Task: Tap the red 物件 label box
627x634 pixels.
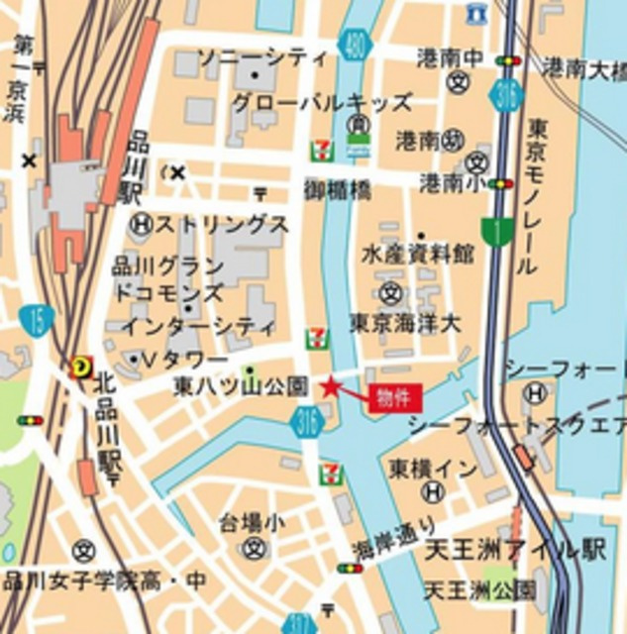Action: (x=395, y=398)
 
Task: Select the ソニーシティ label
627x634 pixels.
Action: (x=262, y=57)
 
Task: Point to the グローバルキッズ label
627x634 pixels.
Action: (x=322, y=103)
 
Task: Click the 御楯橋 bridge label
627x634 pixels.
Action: (x=337, y=188)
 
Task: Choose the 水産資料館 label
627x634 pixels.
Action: (x=417, y=255)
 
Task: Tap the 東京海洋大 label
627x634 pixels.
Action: (x=405, y=323)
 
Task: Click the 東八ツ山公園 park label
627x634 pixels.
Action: (x=242, y=385)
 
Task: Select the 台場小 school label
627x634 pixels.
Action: (x=253, y=520)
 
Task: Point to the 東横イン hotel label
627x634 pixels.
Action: (x=433, y=468)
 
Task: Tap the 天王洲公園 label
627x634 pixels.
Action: (x=479, y=591)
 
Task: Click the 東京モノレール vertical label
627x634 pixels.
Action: (x=536, y=196)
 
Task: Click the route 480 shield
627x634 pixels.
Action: (x=355, y=44)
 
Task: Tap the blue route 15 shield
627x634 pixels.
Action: (x=36, y=320)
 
